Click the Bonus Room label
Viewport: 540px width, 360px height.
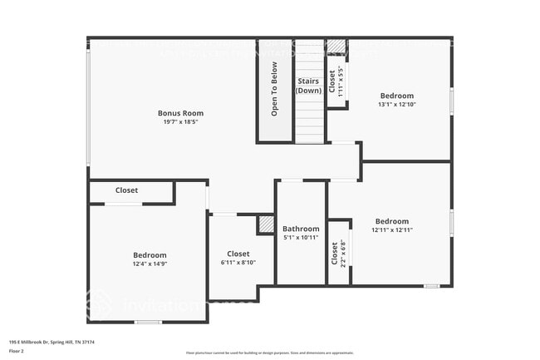(180, 113)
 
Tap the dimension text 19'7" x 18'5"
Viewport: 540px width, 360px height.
(180, 122)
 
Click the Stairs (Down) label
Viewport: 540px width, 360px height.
(309, 86)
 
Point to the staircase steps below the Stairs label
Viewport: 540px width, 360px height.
(309, 121)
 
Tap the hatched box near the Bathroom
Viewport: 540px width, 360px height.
(266, 224)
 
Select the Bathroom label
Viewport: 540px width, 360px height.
(301, 229)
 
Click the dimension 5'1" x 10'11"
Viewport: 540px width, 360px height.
(301, 237)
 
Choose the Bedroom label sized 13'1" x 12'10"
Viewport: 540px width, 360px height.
(396, 96)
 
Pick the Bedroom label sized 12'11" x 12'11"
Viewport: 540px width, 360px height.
(390, 221)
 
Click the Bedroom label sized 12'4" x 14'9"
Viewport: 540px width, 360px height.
(150, 255)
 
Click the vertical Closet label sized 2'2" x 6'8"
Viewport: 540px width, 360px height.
(335, 253)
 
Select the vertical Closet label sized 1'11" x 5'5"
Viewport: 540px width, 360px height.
(332, 81)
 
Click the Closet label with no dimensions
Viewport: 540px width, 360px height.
(127, 190)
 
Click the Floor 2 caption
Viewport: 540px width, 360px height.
(17, 351)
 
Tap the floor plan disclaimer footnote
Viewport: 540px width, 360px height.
(269, 353)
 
